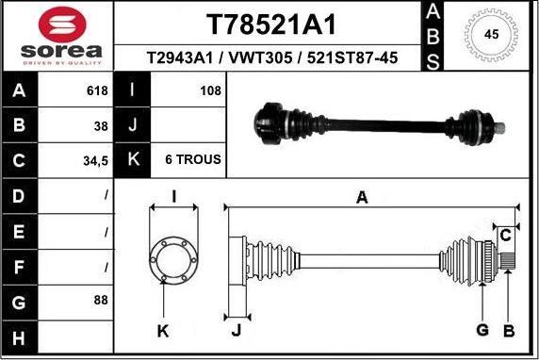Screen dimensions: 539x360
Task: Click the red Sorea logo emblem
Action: coord(62,25)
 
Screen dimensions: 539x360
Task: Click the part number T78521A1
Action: coord(270,25)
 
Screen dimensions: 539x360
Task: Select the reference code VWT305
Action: coord(260,57)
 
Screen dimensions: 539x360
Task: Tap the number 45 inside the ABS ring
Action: coord(491,34)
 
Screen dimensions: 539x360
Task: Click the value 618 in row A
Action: coord(97,90)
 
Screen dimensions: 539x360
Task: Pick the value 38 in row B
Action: coord(101,126)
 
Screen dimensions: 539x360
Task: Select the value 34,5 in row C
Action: coord(95,161)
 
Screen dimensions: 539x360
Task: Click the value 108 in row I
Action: coord(211,90)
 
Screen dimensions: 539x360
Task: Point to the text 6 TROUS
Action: coord(193,159)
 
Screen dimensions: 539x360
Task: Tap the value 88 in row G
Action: coord(101,300)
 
